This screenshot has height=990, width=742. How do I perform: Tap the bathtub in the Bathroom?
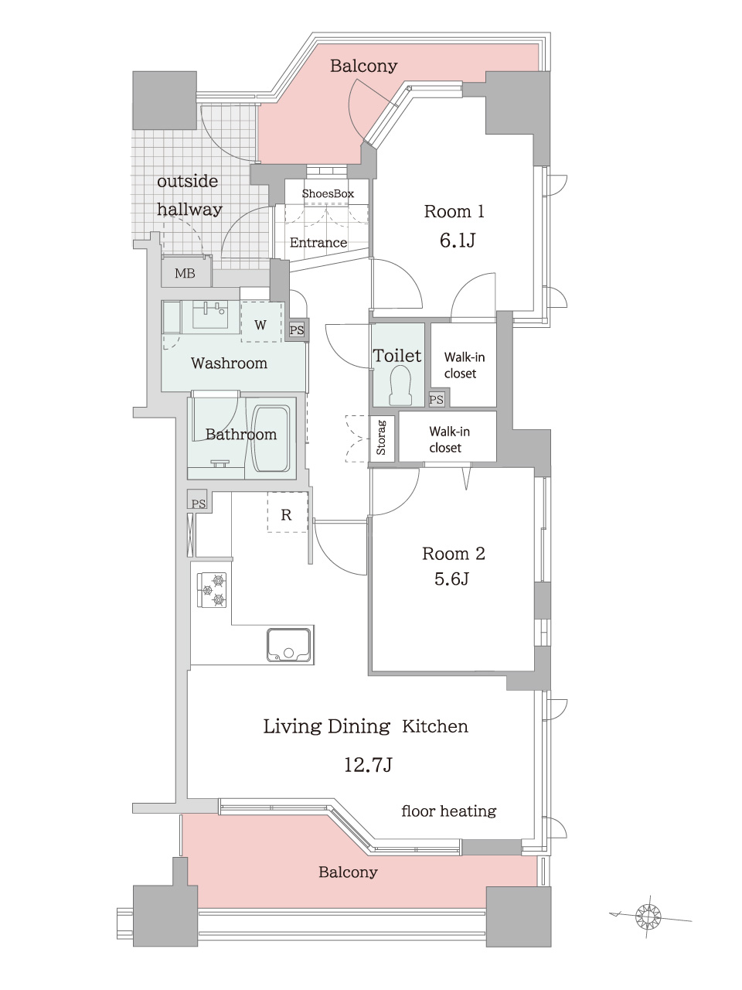tap(271, 439)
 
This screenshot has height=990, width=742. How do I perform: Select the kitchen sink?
tap(289, 644)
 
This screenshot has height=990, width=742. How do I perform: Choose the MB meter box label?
tap(185, 273)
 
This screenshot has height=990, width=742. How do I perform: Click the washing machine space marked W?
tap(260, 324)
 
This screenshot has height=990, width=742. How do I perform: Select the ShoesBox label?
tap(328, 193)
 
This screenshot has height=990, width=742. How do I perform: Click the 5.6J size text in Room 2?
tap(451, 579)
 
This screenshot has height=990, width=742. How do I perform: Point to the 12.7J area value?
tap(368, 765)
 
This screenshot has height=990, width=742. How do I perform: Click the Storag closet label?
tap(381, 438)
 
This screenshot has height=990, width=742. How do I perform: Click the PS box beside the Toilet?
tap(437, 400)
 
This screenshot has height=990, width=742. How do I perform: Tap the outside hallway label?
tap(189, 196)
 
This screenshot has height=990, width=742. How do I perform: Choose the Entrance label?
tap(318, 243)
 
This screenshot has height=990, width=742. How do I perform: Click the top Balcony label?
tap(363, 67)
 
